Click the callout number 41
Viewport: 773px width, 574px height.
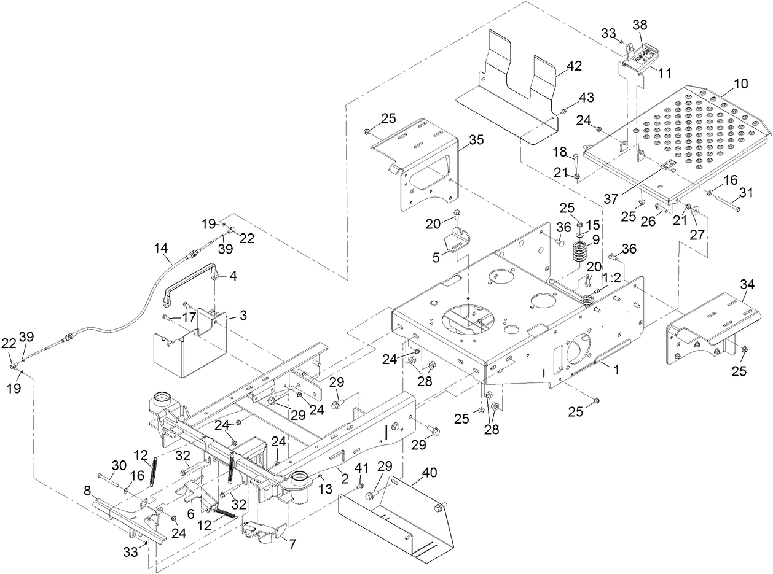pyautogui.click(x=363, y=468)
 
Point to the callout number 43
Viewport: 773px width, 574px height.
pyautogui.click(x=586, y=98)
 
